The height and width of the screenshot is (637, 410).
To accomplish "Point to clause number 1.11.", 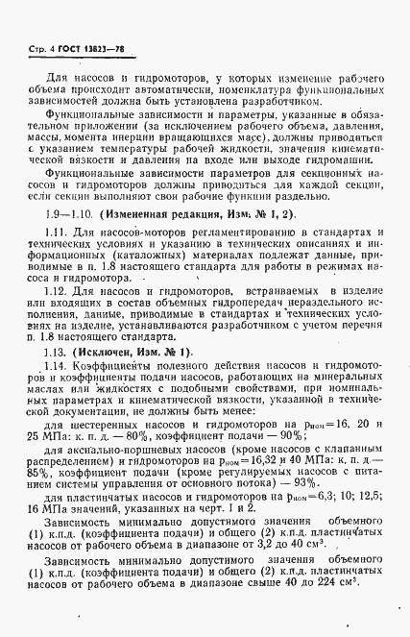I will (x=59, y=233).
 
